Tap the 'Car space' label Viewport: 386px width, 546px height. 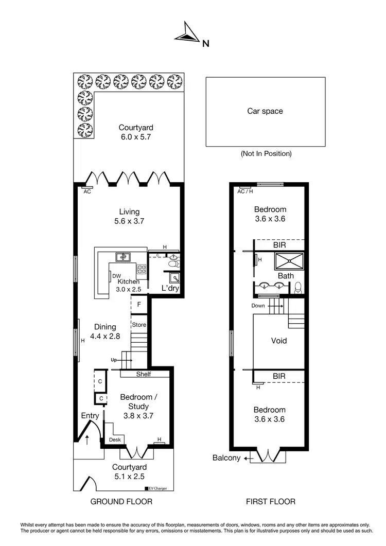click(x=265, y=111)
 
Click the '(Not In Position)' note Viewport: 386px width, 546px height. click(x=266, y=153)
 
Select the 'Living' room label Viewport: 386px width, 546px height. click(x=129, y=212)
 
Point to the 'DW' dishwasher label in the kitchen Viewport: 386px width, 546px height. click(x=117, y=276)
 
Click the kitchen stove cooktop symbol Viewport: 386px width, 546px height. click(x=142, y=268)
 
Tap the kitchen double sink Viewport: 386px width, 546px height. click(x=123, y=256)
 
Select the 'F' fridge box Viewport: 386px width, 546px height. click(x=139, y=305)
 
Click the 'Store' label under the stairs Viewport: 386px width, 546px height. click(x=139, y=325)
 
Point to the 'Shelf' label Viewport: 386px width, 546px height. click(x=144, y=374)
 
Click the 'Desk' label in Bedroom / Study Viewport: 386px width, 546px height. click(x=115, y=440)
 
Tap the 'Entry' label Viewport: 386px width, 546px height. click(x=90, y=415)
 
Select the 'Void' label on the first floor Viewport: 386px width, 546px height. click(x=279, y=341)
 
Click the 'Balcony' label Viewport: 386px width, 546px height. click(x=226, y=458)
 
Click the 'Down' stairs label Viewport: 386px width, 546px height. click(x=258, y=306)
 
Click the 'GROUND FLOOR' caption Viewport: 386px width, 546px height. click(x=121, y=501)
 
